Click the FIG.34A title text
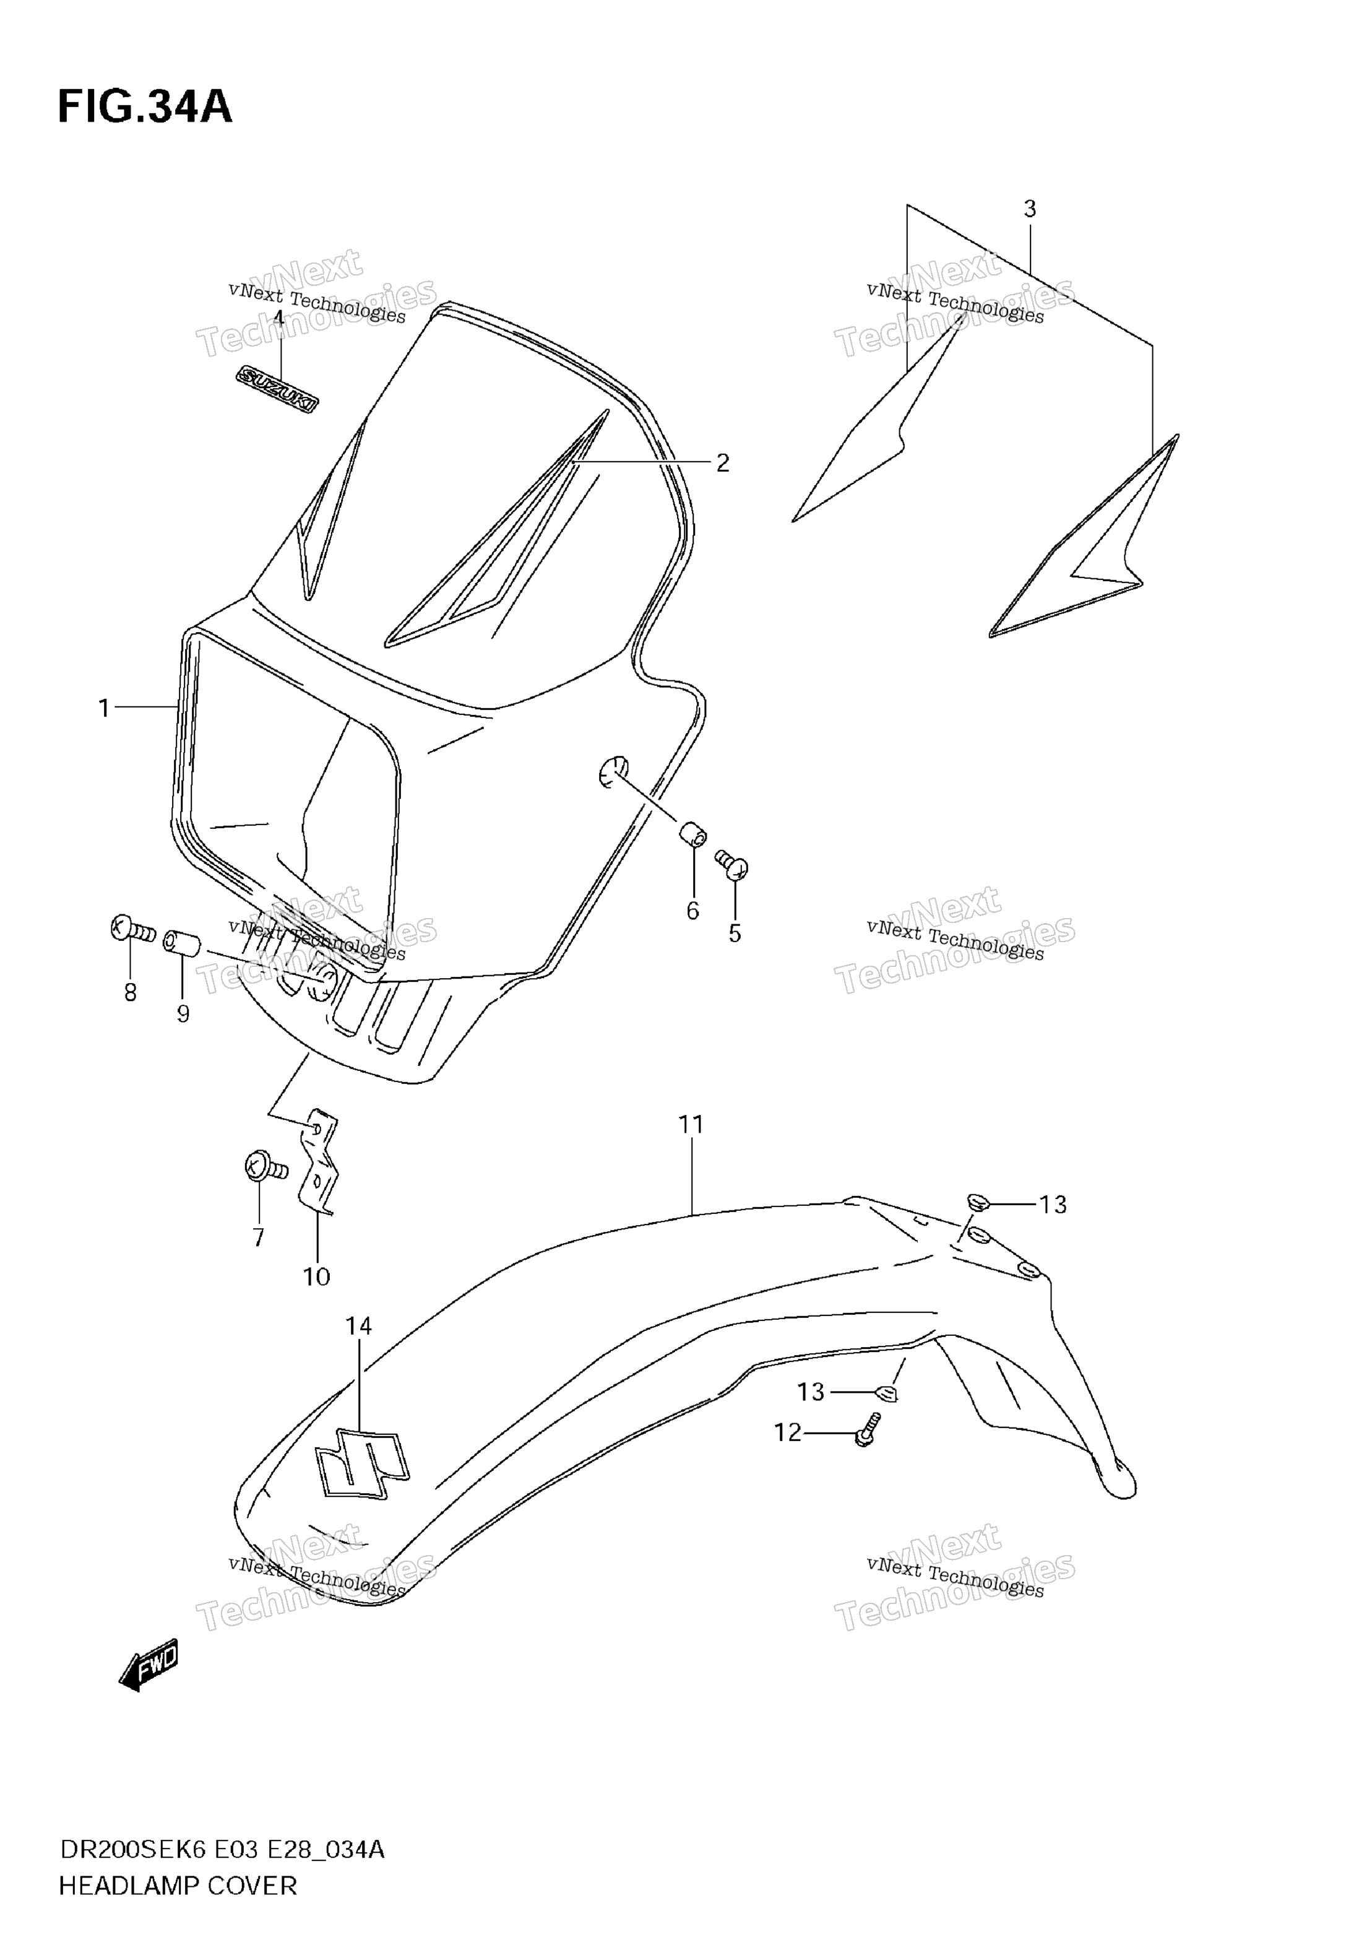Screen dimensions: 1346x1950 click(x=145, y=107)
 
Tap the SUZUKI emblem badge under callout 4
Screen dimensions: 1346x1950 click(x=277, y=389)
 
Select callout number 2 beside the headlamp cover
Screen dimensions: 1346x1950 click(x=723, y=462)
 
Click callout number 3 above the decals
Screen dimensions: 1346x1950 click(x=1030, y=209)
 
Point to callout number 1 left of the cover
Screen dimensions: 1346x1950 click(x=104, y=708)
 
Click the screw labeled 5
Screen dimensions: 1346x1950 click(x=732, y=865)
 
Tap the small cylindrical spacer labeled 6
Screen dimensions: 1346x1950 click(x=693, y=835)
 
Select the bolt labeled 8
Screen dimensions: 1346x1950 click(x=132, y=929)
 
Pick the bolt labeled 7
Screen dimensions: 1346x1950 click(x=265, y=1168)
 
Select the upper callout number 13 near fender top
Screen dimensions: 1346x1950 click(x=1053, y=1205)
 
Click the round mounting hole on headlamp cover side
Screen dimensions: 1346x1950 click(x=614, y=772)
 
